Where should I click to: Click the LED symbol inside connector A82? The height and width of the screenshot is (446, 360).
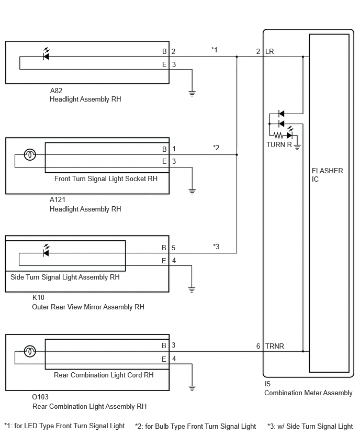46,54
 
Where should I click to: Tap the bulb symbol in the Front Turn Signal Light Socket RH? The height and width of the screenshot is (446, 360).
30,155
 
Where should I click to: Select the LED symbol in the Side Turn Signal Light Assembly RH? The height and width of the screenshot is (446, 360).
46,251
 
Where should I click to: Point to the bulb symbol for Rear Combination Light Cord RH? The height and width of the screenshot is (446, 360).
30,351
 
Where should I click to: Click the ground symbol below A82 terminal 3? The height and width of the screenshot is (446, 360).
192,93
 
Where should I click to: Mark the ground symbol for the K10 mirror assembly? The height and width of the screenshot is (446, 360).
192,290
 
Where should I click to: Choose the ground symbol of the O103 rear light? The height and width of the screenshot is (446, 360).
192,388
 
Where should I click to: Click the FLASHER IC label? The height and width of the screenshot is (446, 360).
328,175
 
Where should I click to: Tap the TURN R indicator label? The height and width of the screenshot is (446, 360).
279,145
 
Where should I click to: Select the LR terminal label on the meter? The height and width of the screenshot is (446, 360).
269,51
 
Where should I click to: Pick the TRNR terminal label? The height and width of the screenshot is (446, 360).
275,346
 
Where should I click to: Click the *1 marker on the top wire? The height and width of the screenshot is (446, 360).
215,50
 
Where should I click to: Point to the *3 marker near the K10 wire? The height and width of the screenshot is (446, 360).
216,247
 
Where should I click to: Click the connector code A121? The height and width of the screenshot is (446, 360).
58,199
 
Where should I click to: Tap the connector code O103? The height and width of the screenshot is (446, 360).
40,397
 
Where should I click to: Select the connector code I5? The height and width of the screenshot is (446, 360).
267,384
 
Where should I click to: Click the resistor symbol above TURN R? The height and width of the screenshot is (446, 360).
278,135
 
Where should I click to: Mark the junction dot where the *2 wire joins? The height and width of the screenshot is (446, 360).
237,155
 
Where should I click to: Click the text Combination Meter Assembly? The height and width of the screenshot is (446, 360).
308,393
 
